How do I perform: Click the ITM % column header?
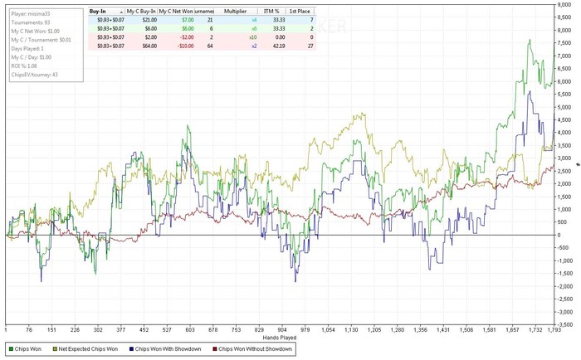point(272,12)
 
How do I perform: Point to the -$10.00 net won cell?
point(185,45)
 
